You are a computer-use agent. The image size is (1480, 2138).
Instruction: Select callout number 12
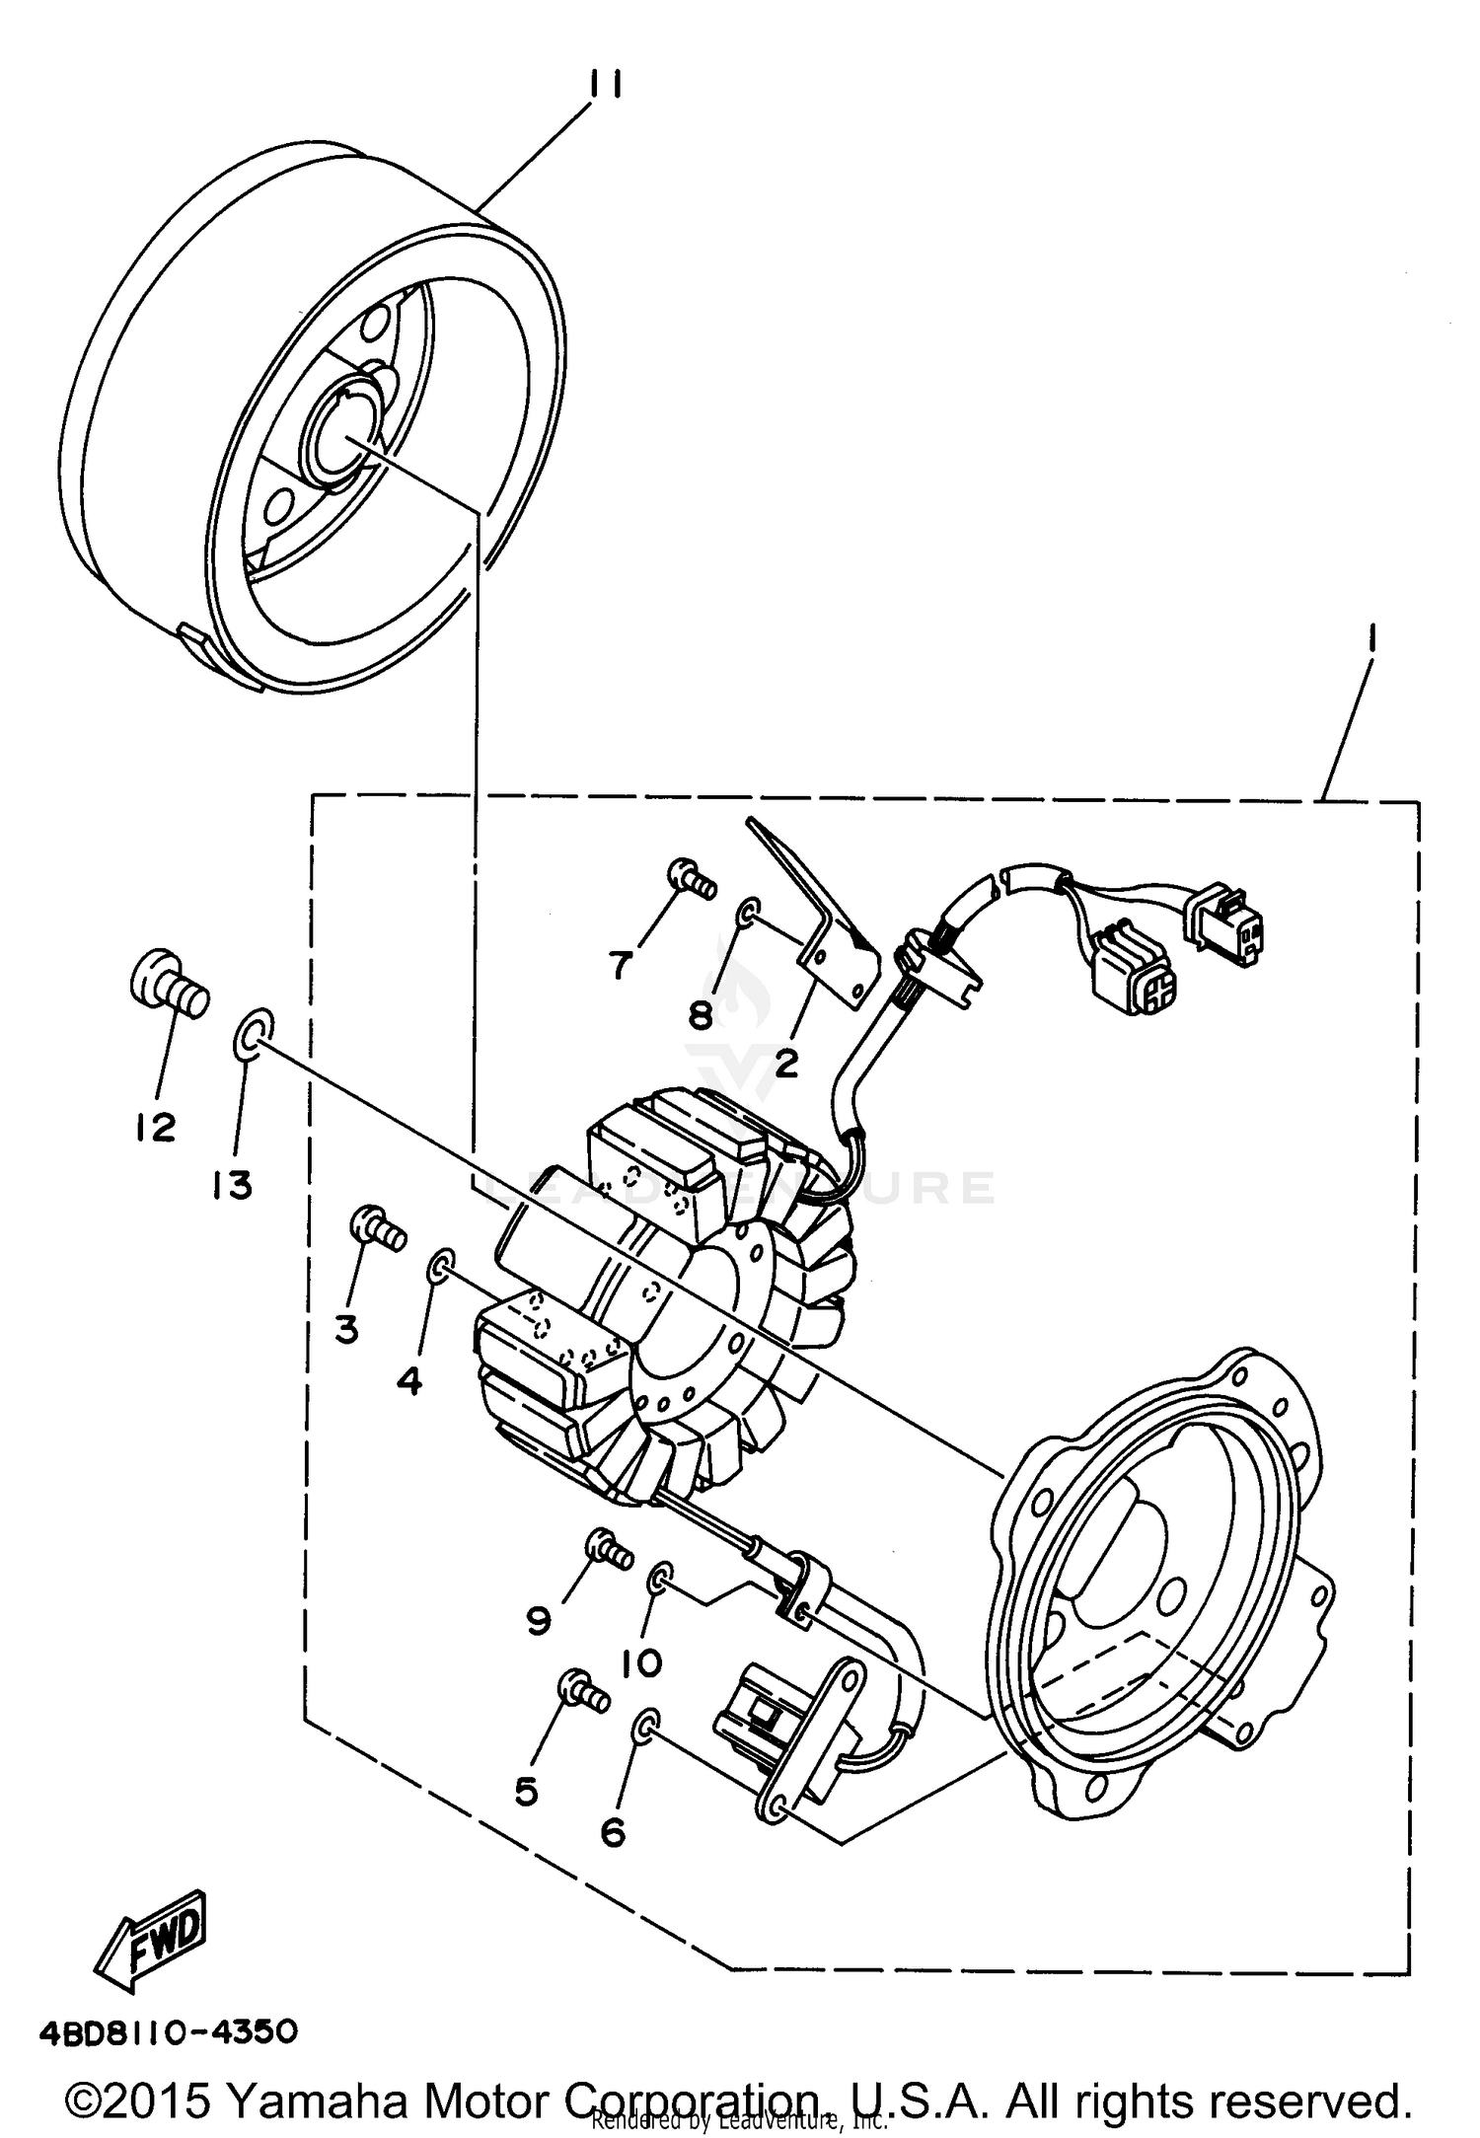pyautogui.click(x=156, y=1126)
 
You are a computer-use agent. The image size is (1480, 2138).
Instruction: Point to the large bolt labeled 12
pyautogui.click(x=170, y=978)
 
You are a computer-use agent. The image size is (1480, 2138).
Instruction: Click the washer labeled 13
pyautogui.click(x=250, y=1033)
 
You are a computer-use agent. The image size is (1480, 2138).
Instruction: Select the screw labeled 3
pyautogui.click(x=378, y=1229)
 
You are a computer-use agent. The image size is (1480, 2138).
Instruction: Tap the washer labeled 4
pyautogui.click(x=440, y=1266)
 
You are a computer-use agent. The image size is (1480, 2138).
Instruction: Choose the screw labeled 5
pyautogui.click(x=581, y=1690)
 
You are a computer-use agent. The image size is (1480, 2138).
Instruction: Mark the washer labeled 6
pyautogui.click(x=643, y=1726)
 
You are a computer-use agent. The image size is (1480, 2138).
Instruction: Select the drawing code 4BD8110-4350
pyautogui.click(x=168, y=2032)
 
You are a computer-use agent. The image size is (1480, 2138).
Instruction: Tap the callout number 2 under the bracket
pyautogui.click(x=785, y=1064)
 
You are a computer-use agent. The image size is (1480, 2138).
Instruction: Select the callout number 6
pyautogui.click(x=613, y=1832)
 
